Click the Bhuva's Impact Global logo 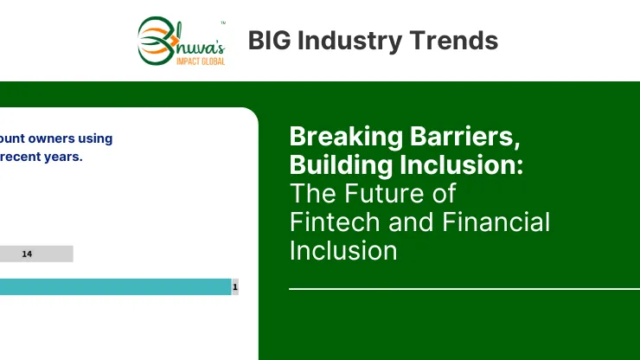182,42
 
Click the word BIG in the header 269,41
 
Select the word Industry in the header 349,42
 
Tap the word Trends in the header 453,41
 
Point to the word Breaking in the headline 346,137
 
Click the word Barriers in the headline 465,136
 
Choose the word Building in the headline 341,165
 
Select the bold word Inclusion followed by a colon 461,164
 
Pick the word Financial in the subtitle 496,222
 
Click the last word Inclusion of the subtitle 343,250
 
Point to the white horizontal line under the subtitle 464,289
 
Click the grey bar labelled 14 36,254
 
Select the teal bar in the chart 116,286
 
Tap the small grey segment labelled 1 235,286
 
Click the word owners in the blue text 51,138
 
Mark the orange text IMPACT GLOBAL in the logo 201,61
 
